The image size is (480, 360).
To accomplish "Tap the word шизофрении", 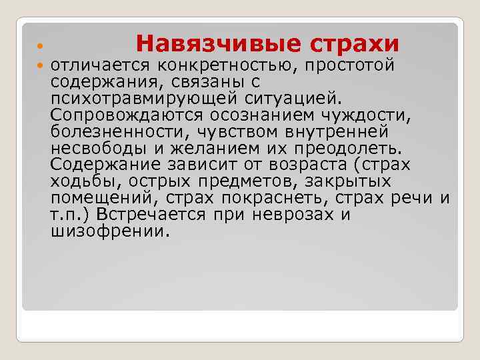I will click(x=110, y=231).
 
